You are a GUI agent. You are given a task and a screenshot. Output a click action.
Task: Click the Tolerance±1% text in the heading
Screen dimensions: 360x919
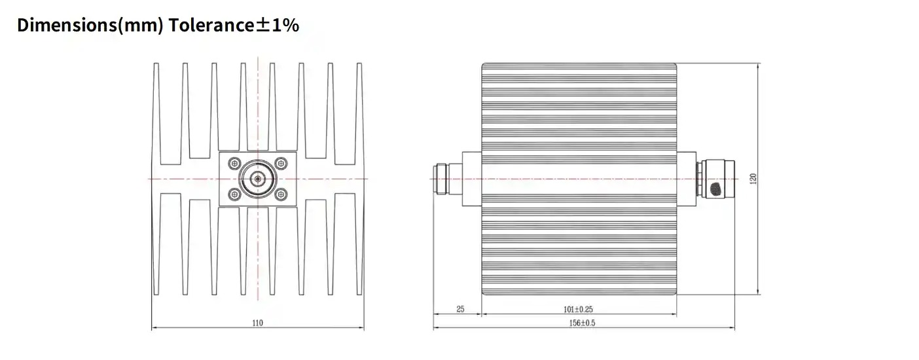(x=234, y=26)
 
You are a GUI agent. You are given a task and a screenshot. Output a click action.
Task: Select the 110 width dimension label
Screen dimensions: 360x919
(x=258, y=323)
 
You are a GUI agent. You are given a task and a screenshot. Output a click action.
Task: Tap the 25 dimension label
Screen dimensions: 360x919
(x=459, y=308)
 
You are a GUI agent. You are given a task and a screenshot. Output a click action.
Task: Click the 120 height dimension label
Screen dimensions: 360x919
(x=753, y=178)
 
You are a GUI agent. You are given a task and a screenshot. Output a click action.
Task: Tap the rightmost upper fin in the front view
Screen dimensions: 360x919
(x=359, y=111)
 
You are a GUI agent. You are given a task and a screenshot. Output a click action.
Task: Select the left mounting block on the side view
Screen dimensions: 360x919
(x=471, y=179)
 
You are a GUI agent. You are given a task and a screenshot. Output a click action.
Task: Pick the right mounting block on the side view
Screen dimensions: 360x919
(x=687, y=179)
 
